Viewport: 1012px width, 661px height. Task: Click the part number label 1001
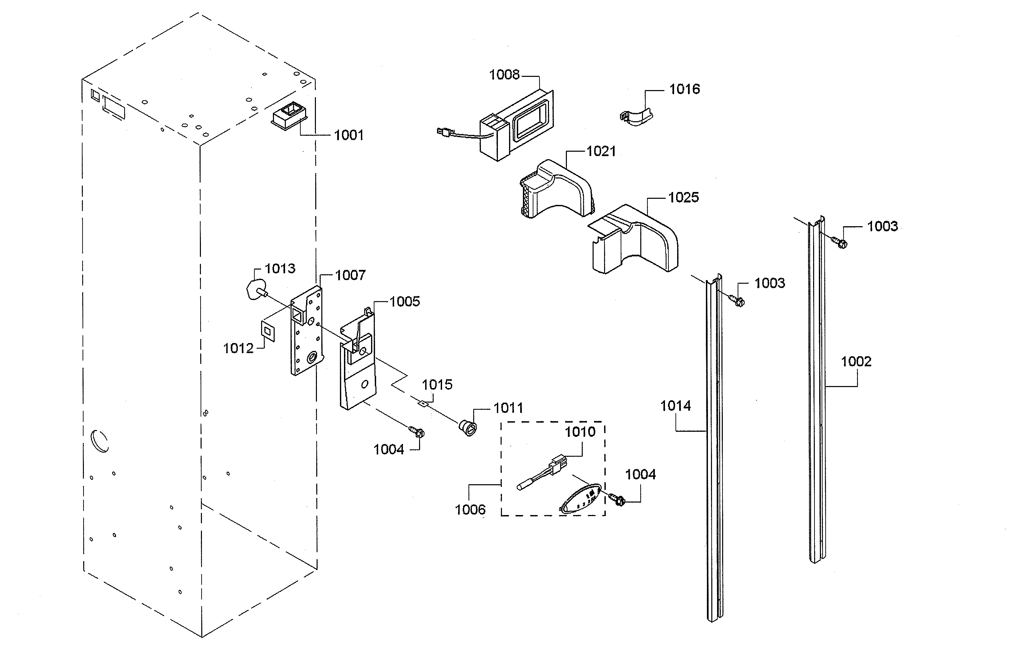point(349,135)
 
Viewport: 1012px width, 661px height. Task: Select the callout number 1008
point(504,75)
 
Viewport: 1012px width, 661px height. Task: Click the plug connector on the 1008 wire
point(443,132)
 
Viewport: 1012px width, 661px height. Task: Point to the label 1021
point(601,151)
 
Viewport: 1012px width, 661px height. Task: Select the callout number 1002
point(856,362)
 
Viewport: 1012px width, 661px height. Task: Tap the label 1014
point(675,406)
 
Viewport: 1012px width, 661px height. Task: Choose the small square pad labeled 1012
point(268,331)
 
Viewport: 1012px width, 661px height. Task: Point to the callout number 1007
point(350,275)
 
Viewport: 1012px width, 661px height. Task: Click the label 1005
point(405,302)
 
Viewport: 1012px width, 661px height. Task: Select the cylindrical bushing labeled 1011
point(468,427)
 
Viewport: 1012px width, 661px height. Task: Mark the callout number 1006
point(470,510)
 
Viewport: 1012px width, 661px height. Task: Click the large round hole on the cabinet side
point(100,441)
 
